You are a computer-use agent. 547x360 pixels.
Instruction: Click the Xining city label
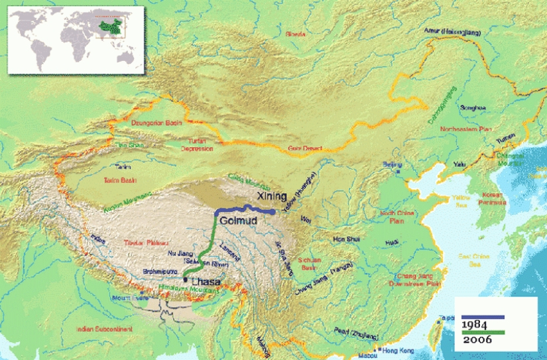(x=272, y=196)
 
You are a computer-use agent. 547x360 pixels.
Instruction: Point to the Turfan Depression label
(x=197, y=145)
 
